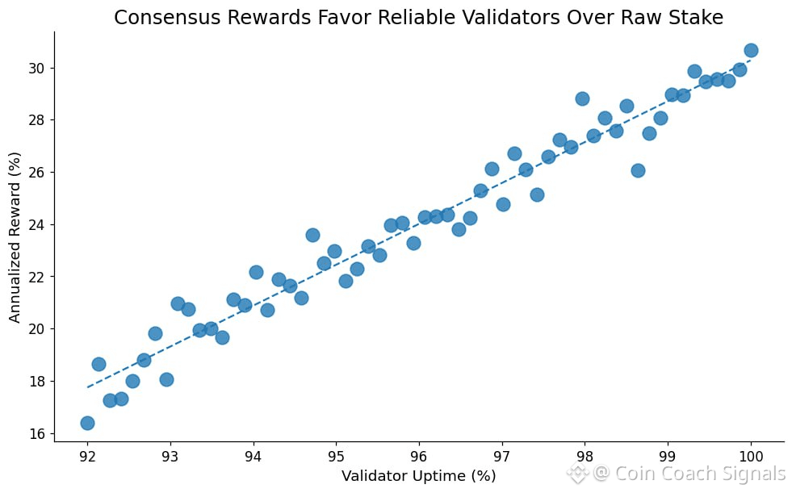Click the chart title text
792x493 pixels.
coord(418,18)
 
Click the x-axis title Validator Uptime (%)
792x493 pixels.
coord(418,476)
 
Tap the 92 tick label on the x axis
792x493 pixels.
coord(87,456)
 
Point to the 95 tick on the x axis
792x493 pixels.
coord(336,456)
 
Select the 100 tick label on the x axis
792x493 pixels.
coord(751,456)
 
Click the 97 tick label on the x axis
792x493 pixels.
coord(502,456)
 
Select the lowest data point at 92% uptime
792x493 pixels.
coord(87,423)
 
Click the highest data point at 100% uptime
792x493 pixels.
coord(751,50)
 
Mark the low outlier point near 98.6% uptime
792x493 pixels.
coord(638,170)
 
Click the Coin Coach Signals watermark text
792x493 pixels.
coord(689,474)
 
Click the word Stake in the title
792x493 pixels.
coord(697,18)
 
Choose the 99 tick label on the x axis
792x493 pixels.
coord(668,456)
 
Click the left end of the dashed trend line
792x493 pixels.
coord(88,386)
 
